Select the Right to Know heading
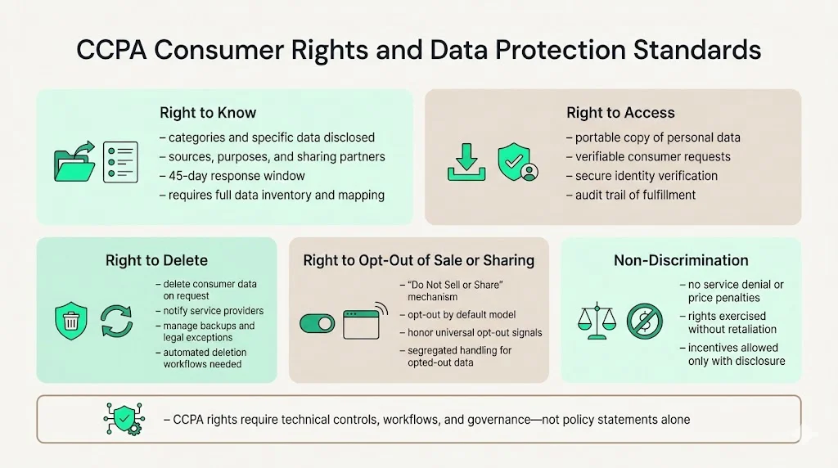(x=208, y=113)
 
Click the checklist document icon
(x=120, y=161)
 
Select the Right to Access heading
(x=620, y=113)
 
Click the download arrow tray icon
(x=466, y=161)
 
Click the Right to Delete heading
(x=156, y=261)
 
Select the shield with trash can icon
(x=71, y=320)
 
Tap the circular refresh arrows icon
(x=117, y=320)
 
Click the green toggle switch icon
(x=318, y=323)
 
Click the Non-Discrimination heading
(x=681, y=261)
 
